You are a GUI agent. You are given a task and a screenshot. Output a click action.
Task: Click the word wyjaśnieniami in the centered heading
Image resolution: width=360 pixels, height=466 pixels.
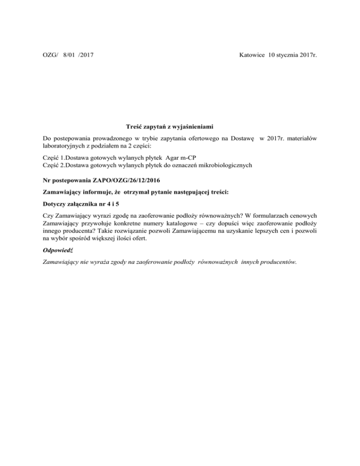[x=192, y=127]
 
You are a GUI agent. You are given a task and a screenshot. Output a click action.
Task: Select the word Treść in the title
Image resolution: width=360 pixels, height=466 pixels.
[x=135, y=127]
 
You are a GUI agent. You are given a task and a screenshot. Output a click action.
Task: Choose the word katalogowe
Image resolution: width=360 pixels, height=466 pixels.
[x=185, y=225]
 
